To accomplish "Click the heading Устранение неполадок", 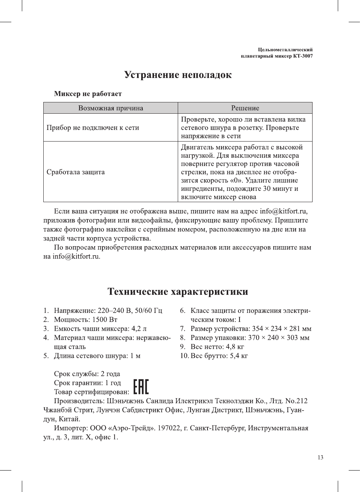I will click(178, 75).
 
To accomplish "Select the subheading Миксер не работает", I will click(88, 94).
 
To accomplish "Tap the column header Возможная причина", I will click(110, 108).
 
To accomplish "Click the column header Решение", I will click(245, 108).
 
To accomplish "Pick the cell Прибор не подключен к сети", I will click(93, 128).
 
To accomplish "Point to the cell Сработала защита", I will click(75, 172).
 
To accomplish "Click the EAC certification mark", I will click(141, 387).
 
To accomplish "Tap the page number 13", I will click(320, 457).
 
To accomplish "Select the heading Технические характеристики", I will click(178, 292).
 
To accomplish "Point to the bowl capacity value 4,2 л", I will click(139, 329).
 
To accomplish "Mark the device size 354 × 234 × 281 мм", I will click(282, 329).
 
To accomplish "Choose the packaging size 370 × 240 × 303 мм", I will click(279, 338).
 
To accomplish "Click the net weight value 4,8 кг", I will click(235, 347).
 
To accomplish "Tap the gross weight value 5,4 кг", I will click(239, 356).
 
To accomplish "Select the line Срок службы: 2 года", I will click(87, 374).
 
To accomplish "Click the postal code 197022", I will click(169, 428).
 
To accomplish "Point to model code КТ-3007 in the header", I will click(303, 56).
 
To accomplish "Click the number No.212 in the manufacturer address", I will click(296, 401).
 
